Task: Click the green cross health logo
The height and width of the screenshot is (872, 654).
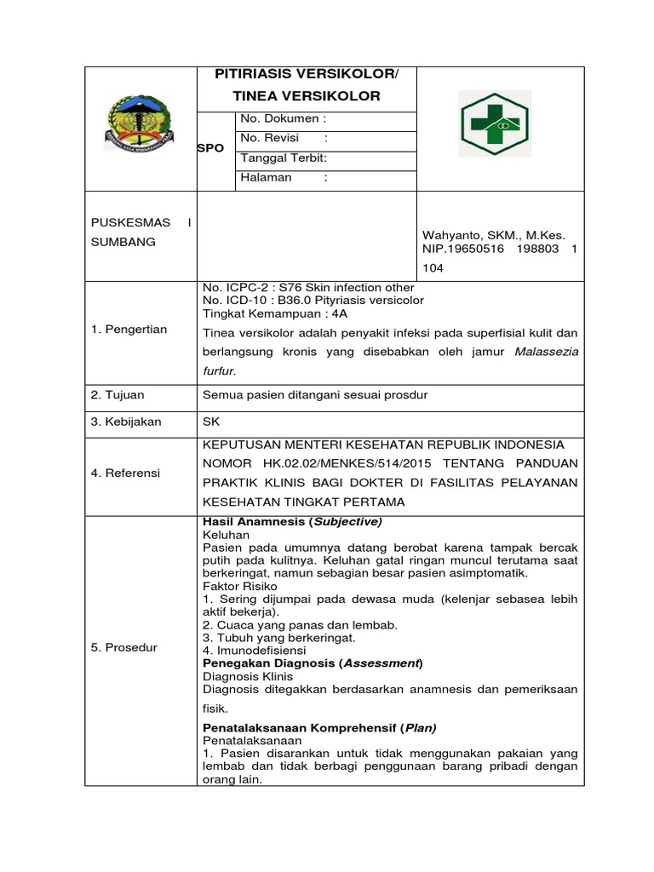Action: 500,123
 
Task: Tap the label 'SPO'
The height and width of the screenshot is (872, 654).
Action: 210,148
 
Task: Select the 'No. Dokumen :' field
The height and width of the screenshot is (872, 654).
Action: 284,119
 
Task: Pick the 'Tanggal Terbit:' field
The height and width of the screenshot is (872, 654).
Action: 284,158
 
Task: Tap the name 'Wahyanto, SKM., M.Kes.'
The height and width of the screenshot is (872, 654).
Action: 494,235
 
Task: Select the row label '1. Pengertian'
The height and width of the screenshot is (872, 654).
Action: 130,330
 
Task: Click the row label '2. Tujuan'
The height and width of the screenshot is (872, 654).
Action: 118,395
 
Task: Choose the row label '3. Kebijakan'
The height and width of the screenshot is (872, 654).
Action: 127,422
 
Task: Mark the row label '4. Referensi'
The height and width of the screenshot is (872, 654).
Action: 126,473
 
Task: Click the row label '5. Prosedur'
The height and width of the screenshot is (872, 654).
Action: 124,648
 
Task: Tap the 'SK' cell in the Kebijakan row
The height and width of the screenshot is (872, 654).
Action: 209,422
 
